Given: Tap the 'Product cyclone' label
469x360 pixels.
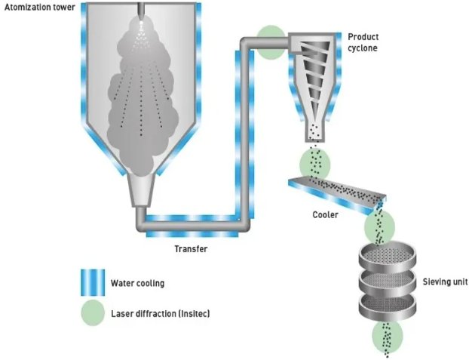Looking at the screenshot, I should click(362, 42).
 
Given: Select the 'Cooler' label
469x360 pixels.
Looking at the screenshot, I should click(326, 214).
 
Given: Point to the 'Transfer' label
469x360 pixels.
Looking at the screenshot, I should click(189, 248).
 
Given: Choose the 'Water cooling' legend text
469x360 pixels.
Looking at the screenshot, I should click(137, 283).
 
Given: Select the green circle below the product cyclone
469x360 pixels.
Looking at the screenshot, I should click(315, 161).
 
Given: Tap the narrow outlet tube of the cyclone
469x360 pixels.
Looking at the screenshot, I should click(315, 131).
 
